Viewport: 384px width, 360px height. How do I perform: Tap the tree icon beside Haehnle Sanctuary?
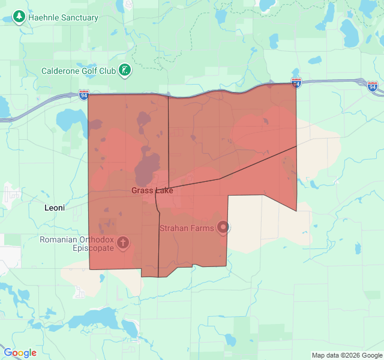pyautogui.click(x=19, y=17)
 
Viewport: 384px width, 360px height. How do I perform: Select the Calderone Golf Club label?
pyautogui.click(x=78, y=71)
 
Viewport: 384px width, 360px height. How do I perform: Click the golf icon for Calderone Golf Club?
pyautogui.click(x=125, y=71)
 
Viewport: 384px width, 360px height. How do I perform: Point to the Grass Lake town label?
pyautogui.click(x=152, y=191)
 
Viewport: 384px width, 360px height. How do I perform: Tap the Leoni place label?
pyautogui.click(x=58, y=208)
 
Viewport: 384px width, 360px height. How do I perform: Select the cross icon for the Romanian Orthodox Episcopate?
pyautogui.click(x=123, y=243)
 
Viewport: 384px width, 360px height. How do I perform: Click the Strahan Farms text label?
pyautogui.click(x=187, y=228)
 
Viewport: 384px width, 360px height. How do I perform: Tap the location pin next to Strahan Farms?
pyautogui.click(x=224, y=227)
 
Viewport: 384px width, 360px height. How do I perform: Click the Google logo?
pyautogui.click(x=20, y=353)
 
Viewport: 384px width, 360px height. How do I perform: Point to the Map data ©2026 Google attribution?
pyautogui.click(x=347, y=355)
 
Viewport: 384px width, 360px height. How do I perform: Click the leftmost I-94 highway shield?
pyautogui.click(x=83, y=94)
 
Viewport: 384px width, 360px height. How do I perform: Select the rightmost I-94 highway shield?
pyautogui.click(x=373, y=86)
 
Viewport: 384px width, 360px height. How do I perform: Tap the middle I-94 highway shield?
pyautogui.click(x=296, y=82)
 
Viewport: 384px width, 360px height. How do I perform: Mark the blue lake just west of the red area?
pyautogui.click(x=68, y=121)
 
